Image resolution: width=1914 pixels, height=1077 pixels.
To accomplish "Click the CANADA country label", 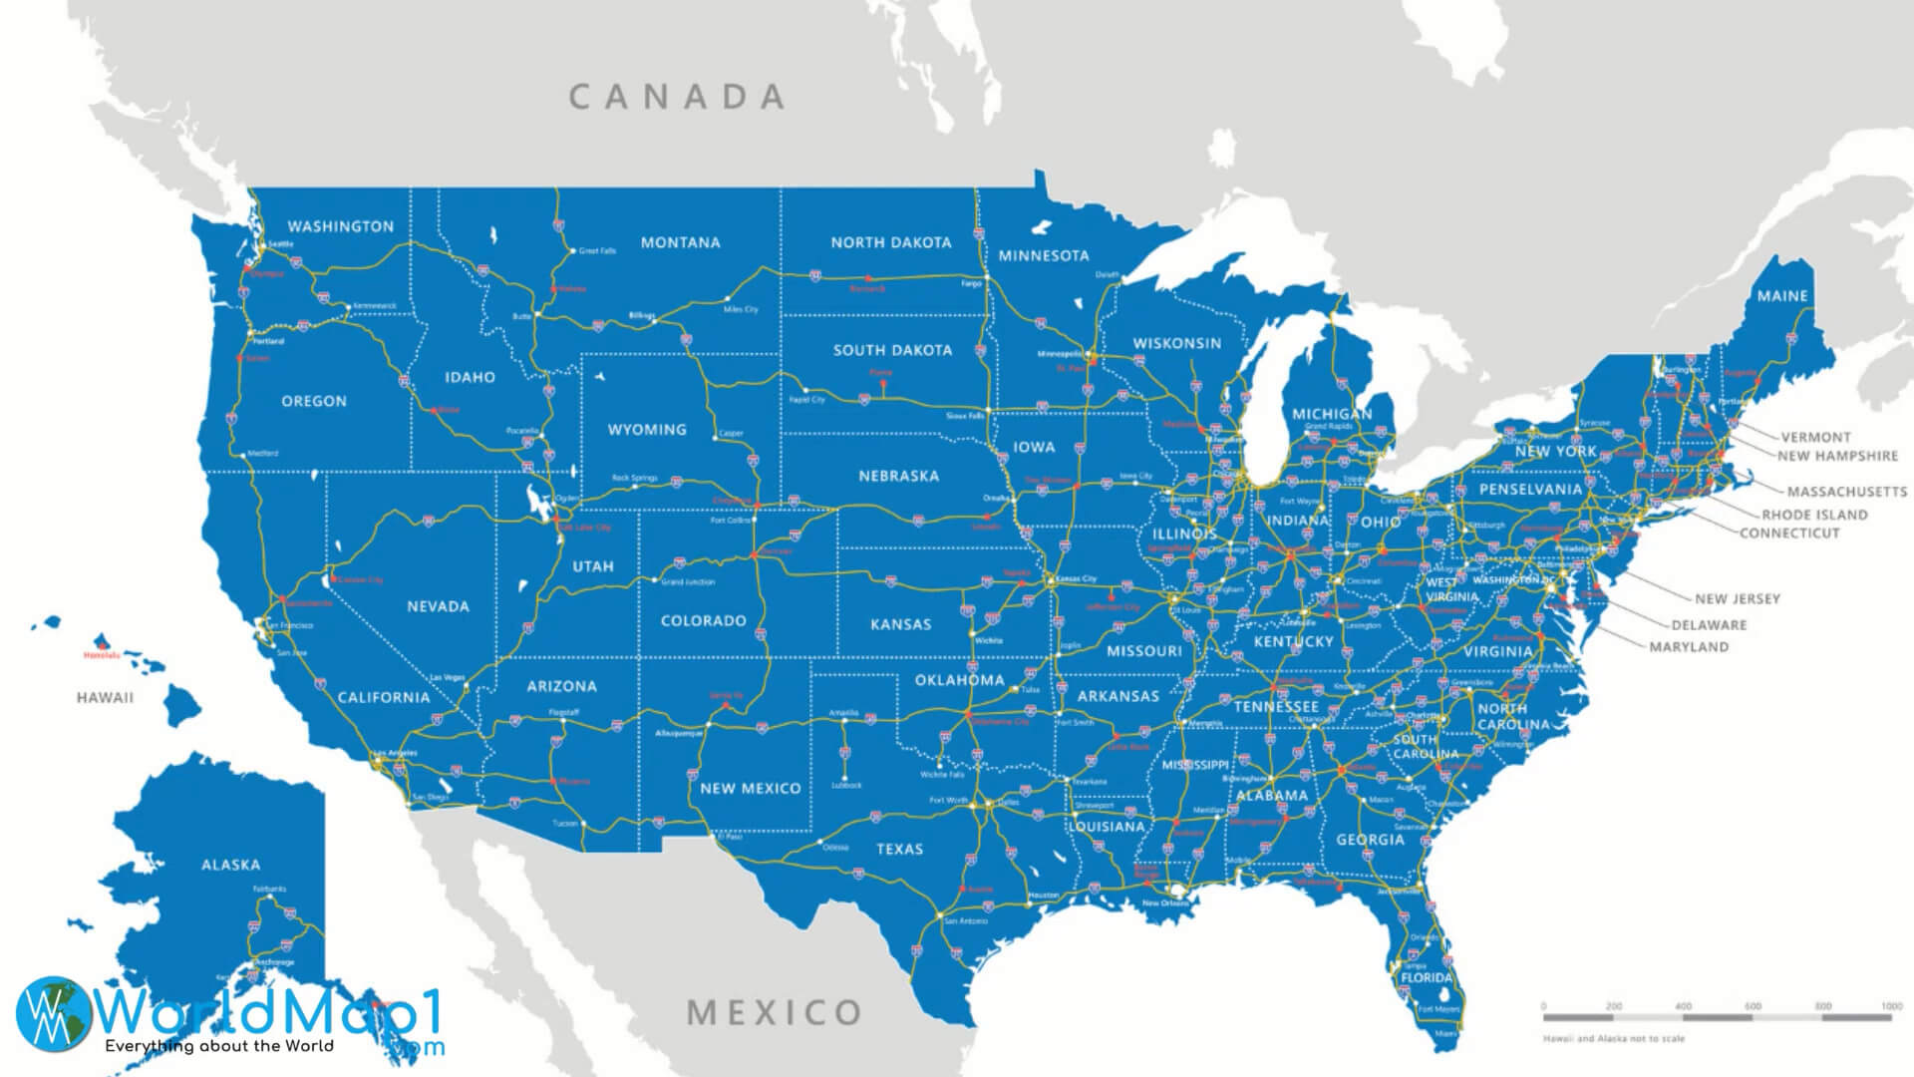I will point(677,97).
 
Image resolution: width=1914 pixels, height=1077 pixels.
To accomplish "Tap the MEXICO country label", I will point(775,1013).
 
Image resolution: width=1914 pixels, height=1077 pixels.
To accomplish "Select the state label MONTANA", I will point(680,242).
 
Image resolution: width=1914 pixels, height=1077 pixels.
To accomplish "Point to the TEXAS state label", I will point(899,850).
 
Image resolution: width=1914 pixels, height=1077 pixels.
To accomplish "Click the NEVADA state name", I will point(438,606).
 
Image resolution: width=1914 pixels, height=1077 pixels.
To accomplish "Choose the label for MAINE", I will point(1782,296).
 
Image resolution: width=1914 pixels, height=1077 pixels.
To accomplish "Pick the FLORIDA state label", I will point(1426,978).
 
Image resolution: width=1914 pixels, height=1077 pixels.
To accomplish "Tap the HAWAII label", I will point(105,698).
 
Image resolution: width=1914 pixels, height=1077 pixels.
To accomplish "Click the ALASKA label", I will point(230,865).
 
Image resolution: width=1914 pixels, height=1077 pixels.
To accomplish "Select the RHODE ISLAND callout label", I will point(1814,515).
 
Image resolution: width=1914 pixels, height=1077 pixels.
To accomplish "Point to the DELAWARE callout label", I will point(1709,625).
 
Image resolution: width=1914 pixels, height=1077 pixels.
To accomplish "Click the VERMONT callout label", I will point(1815,437).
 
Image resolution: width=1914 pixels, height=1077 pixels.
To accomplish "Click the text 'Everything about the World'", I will point(219,1046).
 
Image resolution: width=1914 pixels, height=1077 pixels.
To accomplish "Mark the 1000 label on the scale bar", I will point(1891,1007).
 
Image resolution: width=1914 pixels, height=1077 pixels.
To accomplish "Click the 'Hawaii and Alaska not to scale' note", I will point(1613,1039).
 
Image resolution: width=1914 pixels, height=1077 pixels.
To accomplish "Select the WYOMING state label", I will point(647,430).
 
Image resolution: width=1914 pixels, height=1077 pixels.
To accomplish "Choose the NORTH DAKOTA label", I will point(891,242).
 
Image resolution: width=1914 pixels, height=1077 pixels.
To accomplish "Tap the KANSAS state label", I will point(900,624).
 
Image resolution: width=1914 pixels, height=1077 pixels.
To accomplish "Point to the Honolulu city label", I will point(101,656).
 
